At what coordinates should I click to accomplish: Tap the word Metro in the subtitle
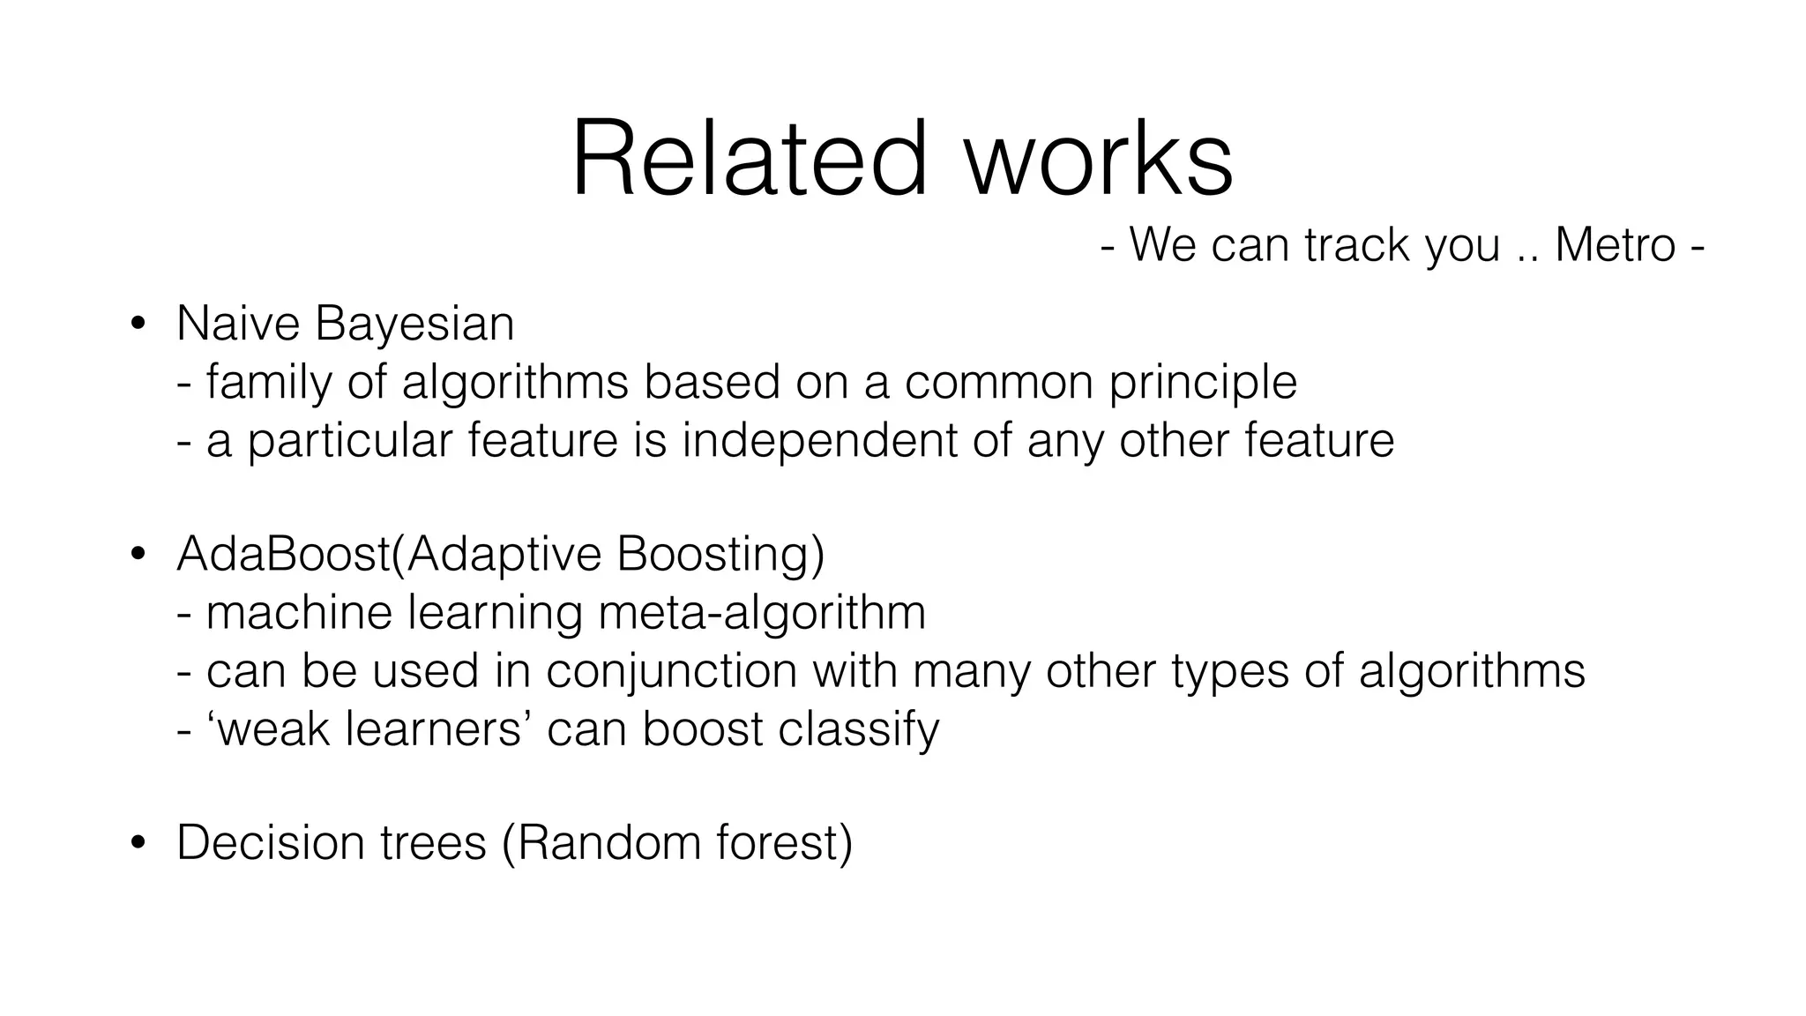[1615, 244]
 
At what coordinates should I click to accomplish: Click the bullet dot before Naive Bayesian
[137, 325]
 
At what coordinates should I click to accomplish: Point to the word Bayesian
[414, 324]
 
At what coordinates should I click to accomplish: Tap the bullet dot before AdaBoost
[137, 556]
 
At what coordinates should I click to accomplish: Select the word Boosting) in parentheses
[720, 556]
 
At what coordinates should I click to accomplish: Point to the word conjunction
[671, 671]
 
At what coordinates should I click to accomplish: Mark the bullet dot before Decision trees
[137, 844]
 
